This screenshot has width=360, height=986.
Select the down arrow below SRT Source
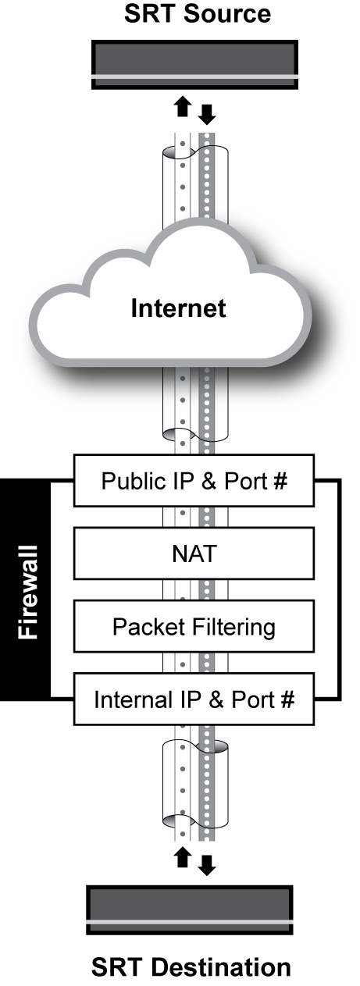pyautogui.click(x=207, y=116)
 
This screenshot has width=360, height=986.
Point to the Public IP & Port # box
pyautogui.click(x=194, y=480)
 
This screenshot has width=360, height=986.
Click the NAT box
pyautogui.click(x=194, y=554)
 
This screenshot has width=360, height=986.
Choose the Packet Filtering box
pyautogui.click(x=194, y=626)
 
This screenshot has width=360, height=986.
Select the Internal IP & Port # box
pyautogui.click(x=194, y=699)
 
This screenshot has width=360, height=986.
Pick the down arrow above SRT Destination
pyautogui.click(x=206, y=864)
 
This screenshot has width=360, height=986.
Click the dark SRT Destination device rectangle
pyautogui.click(x=191, y=909)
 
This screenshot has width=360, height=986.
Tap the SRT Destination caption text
pyautogui.click(x=191, y=968)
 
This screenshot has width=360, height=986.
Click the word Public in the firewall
pyautogui.click(x=127, y=480)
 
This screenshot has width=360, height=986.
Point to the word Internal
pyautogui.click(x=127, y=699)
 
